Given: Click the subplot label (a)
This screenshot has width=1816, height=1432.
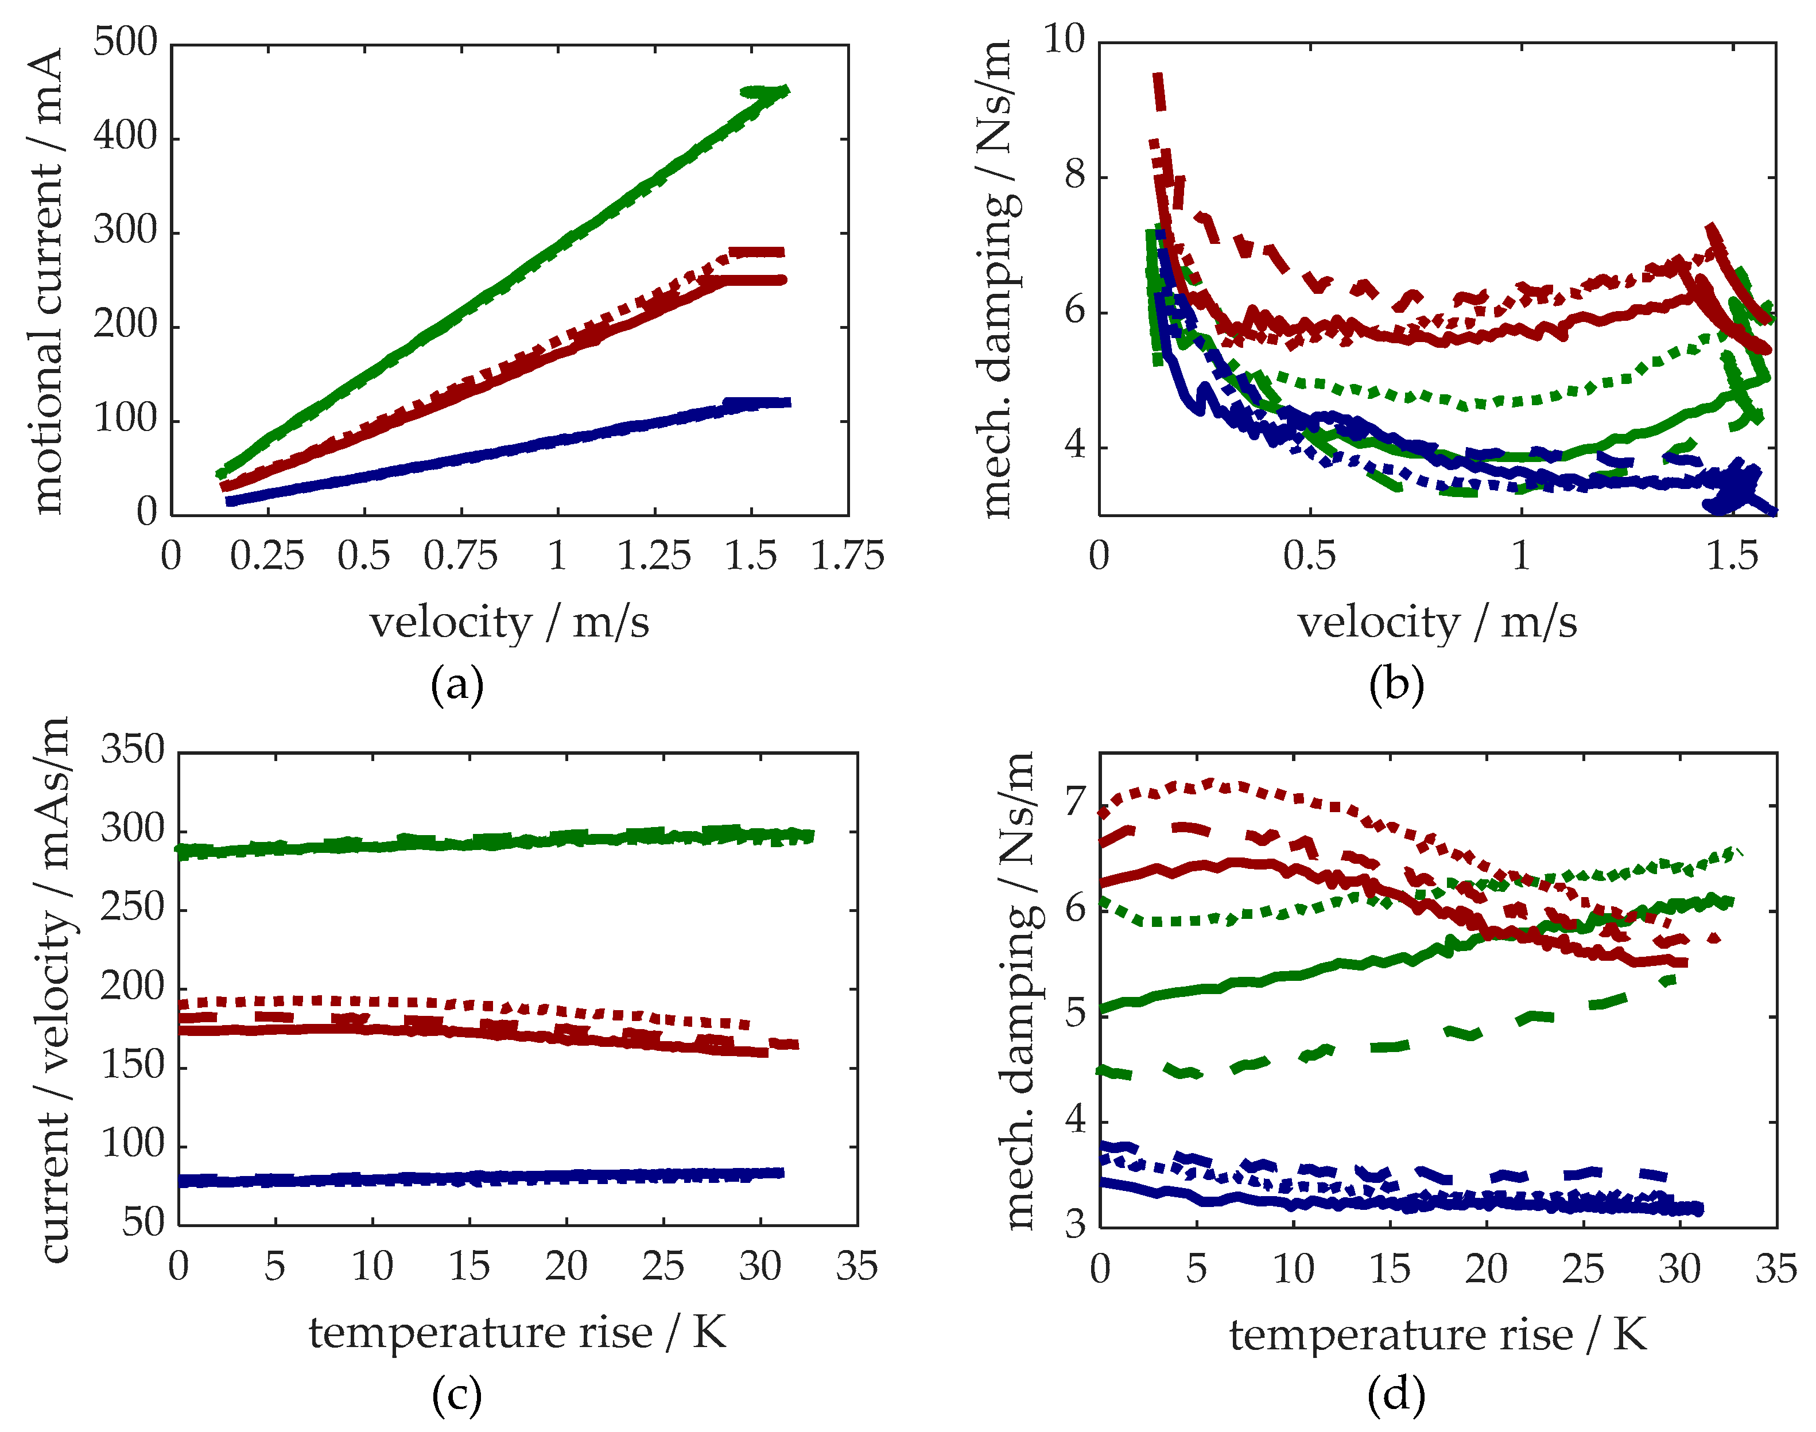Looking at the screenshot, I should [457, 686].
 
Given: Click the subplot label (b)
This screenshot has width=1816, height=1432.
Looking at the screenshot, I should [1396, 686].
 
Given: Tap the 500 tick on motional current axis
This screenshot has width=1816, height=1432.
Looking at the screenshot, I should [125, 42].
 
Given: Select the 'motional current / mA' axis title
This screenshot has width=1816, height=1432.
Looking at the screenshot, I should [48, 280].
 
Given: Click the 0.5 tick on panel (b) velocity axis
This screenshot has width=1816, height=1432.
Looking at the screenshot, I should [1309, 556].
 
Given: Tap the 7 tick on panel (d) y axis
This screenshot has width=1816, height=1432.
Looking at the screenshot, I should [1075, 802].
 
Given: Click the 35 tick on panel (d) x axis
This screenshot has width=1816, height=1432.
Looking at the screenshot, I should [1776, 1268].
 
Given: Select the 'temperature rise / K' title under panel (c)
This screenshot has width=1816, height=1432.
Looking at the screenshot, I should [517, 1332].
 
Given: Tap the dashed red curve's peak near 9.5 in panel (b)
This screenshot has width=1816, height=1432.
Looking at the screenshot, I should [1158, 80].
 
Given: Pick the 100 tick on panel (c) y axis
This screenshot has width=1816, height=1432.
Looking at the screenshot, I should [133, 1144].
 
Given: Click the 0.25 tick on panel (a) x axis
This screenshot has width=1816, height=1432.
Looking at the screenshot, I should [267, 556].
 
